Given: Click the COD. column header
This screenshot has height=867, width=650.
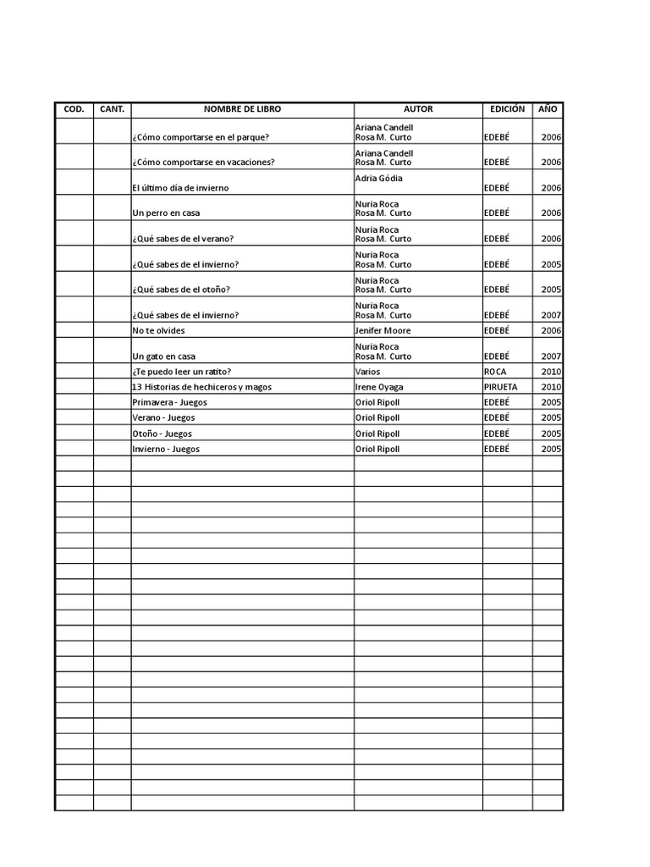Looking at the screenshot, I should (x=74, y=109).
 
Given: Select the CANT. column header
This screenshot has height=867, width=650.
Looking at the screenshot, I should (x=112, y=109).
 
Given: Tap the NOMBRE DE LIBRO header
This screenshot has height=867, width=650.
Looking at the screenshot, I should (x=242, y=109).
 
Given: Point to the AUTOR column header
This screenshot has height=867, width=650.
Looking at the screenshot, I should (x=418, y=109).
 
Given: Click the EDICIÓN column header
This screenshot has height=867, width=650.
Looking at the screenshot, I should (x=507, y=109).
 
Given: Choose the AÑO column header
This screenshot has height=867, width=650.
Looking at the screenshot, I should (x=548, y=109).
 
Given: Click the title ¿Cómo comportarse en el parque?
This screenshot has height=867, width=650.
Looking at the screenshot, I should (x=201, y=137).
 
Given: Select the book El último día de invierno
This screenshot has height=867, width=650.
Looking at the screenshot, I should (x=180, y=188).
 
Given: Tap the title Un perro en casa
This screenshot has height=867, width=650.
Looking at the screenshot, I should (x=166, y=213).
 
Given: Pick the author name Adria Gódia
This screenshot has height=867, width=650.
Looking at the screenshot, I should (x=379, y=179).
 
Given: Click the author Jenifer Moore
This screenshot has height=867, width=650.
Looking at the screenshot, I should (x=383, y=330).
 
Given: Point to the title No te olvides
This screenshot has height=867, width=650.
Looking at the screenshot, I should (x=158, y=330).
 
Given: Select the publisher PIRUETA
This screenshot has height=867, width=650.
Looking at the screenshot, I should (x=501, y=387).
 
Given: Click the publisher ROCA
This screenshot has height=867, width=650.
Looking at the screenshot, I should (x=495, y=372).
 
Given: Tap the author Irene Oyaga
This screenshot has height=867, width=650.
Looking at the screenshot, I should (x=379, y=387).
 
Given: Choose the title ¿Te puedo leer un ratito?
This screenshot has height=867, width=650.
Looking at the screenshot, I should (x=182, y=372).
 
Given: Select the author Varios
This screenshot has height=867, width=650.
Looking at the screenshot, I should (x=368, y=372).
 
